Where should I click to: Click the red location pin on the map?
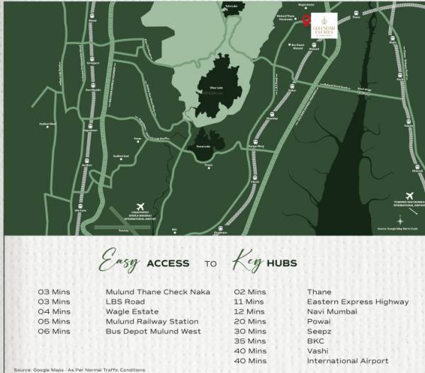point(305,21)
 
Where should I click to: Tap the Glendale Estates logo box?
point(324,23)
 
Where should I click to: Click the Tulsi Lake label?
point(229,6)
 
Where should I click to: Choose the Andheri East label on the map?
point(121,156)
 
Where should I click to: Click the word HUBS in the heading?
point(282,263)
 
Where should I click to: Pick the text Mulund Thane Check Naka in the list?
point(157,292)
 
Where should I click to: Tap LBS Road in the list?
point(125,302)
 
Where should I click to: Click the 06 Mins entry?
point(54,331)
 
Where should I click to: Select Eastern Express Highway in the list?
point(358,302)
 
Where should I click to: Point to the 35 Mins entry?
point(250,341)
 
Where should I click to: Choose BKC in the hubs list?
point(316,341)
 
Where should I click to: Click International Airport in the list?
point(348,361)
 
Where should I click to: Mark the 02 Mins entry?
point(250,292)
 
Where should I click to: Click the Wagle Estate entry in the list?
point(132,311)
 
